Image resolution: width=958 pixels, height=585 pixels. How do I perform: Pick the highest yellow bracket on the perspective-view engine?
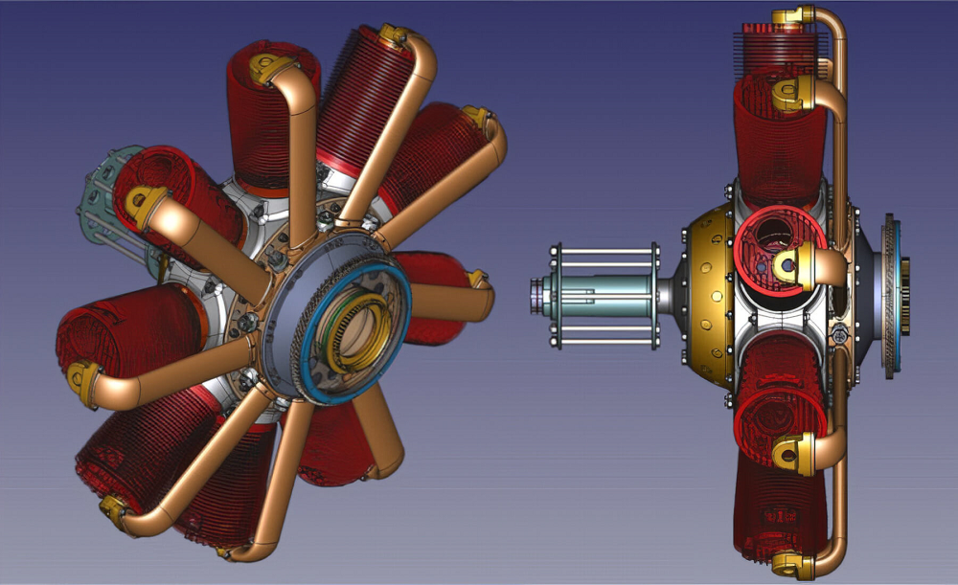393,36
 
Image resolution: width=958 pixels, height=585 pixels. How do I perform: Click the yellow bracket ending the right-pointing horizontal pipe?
476,280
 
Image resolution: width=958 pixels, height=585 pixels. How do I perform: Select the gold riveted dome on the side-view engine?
707,287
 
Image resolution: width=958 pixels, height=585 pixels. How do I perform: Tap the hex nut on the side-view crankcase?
841,334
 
